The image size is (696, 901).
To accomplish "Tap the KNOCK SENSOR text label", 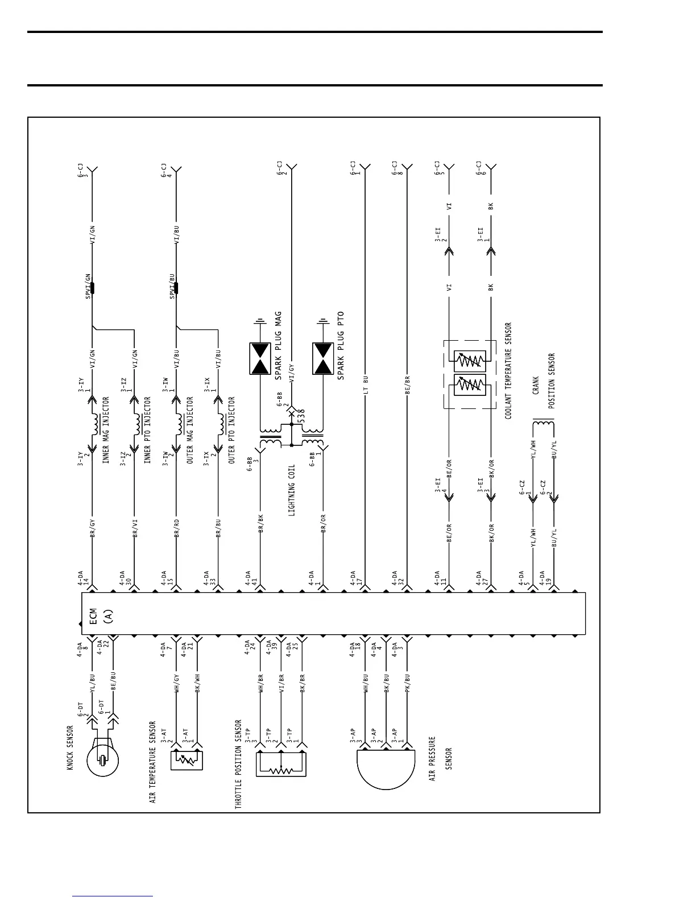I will pyautogui.click(x=71, y=747).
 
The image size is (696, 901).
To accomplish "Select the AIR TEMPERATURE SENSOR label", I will pyautogui.click(x=152, y=762).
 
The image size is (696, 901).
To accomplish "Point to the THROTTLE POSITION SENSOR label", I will pyautogui.click(x=238, y=764).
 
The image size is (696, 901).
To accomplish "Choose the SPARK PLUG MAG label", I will pyautogui.click(x=278, y=345).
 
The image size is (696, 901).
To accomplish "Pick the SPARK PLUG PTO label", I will pyautogui.click(x=341, y=345).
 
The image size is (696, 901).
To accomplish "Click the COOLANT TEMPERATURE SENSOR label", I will pyautogui.click(x=508, y=371).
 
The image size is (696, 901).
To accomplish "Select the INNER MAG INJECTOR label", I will pyautogui.click(x=106, y=430).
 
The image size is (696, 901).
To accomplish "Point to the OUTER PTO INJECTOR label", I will pyautogui.click(x=232, y=430).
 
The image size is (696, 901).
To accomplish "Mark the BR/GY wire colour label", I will pyautogui.click(x=92, y=528).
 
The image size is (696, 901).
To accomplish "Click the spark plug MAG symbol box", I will pyautogui.click(x=260, y=358).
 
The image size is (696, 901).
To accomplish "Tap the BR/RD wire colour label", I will pyautogui.click(x=176, y=528).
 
